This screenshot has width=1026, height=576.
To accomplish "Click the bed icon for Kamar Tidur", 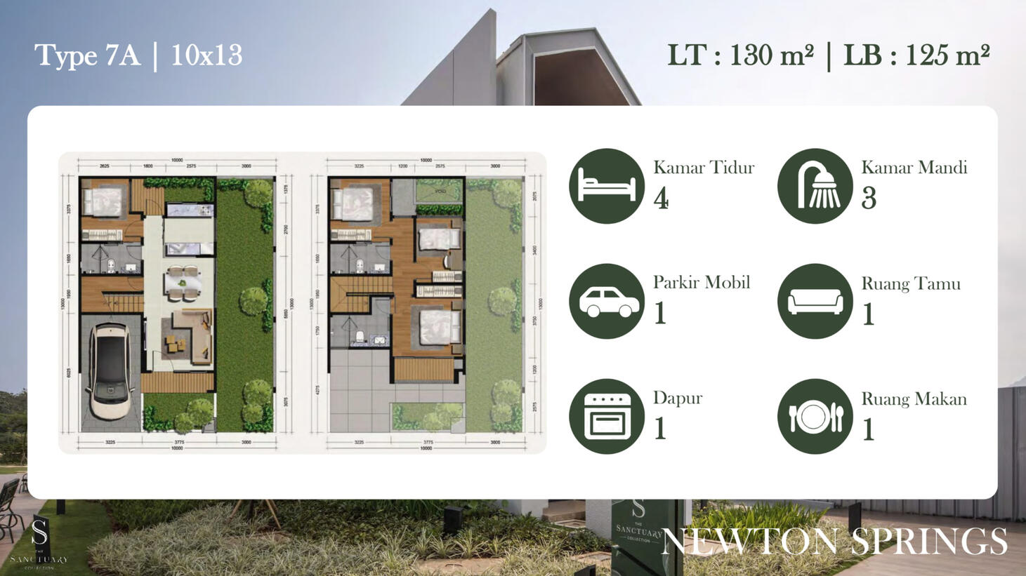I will pos(607,186).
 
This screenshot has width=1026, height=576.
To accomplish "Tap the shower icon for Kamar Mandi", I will pos(815,186).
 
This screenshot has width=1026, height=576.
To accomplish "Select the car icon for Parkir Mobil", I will pos(607,301).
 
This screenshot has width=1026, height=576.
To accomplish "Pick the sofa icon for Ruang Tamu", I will pos(815,301).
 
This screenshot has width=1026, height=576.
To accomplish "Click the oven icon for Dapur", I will pos(607,416).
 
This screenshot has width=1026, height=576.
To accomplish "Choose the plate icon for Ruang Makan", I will pos(815,416).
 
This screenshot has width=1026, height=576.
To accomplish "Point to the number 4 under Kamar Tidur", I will pos(661,199).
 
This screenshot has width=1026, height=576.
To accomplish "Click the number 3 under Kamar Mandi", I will pos(869,199).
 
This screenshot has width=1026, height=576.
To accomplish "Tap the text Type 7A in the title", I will pos(87,55).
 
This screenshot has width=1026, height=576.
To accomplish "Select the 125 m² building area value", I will pos(947,55).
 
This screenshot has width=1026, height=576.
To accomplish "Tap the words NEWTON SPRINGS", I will pos(834,541).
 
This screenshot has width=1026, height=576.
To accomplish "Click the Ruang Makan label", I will pos(914,398).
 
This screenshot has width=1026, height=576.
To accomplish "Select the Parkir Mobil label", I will pos(702,282).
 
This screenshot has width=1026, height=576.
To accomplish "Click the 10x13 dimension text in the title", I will pos(206,55).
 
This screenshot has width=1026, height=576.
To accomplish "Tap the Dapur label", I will pos(678,398).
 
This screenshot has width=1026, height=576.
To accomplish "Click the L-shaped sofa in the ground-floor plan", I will pos(197,330).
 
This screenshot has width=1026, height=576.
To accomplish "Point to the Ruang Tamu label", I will pos(911,283).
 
